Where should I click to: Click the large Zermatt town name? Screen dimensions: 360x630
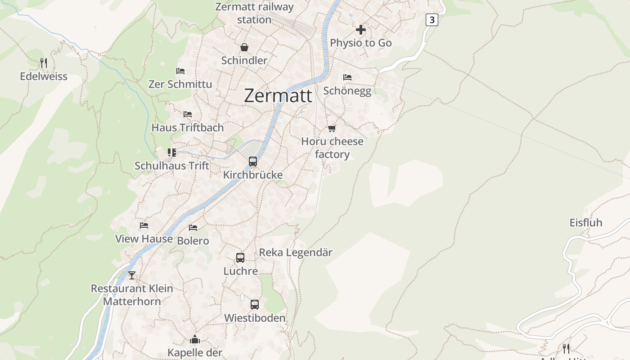[278, 96]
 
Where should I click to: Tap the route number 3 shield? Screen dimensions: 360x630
[432, 20]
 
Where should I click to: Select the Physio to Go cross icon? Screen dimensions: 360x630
[360, 30]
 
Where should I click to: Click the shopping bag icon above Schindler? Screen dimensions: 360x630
[244, 47]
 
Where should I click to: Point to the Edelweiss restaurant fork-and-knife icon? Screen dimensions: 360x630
[44, 63]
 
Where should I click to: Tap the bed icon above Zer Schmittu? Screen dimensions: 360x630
[180, 71]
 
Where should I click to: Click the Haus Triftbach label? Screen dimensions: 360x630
[187, 128]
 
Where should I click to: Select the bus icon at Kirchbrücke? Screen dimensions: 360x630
[253, 161]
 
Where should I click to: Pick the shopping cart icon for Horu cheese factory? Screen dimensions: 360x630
[332, 129]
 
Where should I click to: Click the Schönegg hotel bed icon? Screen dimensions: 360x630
[347, 77]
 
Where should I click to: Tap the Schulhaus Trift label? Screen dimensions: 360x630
[172, 166]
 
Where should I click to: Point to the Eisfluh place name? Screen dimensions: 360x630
[585, 223]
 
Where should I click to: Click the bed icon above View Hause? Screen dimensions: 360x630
[144, 225]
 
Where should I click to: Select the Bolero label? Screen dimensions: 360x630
[193, 241]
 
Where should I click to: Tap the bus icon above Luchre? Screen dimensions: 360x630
[240, 258]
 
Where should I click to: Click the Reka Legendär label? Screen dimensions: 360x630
[296, 252]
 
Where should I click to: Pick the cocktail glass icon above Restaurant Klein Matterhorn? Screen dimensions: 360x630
[131, 275]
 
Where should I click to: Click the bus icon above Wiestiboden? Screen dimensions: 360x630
[255, 305]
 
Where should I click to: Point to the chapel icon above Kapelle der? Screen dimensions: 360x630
[195, 339]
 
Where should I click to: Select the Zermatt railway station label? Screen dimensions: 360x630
[254, 13]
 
